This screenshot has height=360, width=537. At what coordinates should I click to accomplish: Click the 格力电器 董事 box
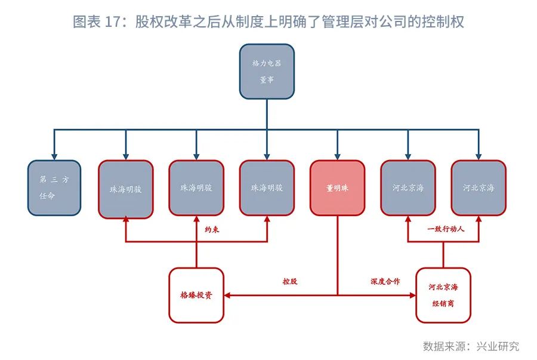(x=267, y=71)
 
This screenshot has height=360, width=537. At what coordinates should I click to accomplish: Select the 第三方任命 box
(x=55, y=187)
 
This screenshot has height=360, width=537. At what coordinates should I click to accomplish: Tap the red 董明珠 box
(x=337, y=187)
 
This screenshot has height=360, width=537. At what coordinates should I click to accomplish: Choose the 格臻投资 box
(x=196, y=295)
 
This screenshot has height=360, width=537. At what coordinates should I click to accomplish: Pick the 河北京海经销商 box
(x=443, y=295)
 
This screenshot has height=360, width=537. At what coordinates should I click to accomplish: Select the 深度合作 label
(x=385, y=281)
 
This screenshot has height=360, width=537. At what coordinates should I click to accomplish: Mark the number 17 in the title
(x=113, y=22)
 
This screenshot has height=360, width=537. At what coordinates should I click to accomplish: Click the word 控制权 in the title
(x=445, y=22)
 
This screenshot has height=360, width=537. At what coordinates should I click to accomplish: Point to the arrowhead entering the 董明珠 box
(x=337, y=156)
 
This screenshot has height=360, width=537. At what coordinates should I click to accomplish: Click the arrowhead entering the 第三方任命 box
(x=55, y=156)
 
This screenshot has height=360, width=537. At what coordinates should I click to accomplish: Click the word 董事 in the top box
(x=267, y=80)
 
